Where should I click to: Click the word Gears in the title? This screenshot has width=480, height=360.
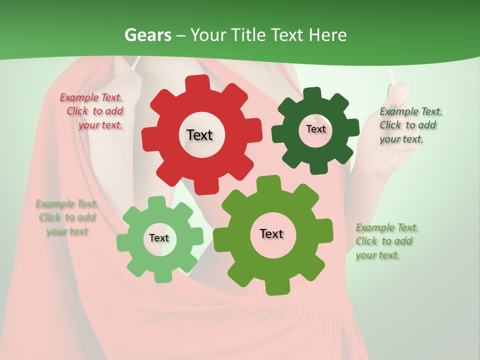tap(148, 35)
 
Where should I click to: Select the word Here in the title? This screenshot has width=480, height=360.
tap(327, 35)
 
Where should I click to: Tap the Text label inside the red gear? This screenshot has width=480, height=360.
tap(199, 135)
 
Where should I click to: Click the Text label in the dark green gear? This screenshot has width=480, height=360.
tap(315, 129)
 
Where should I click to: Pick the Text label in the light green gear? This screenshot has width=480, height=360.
tap(159, 238)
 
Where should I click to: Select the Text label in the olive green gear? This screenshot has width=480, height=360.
tap(271, 233)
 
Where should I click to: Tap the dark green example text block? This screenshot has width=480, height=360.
tap(410, 125)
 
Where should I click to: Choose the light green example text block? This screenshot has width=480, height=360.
tap(67, 217)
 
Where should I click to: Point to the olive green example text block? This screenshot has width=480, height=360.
tap(386, 241)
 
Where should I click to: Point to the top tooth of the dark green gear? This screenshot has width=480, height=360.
tap(312, 93)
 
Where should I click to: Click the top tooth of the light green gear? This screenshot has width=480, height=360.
tap(156, 202)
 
